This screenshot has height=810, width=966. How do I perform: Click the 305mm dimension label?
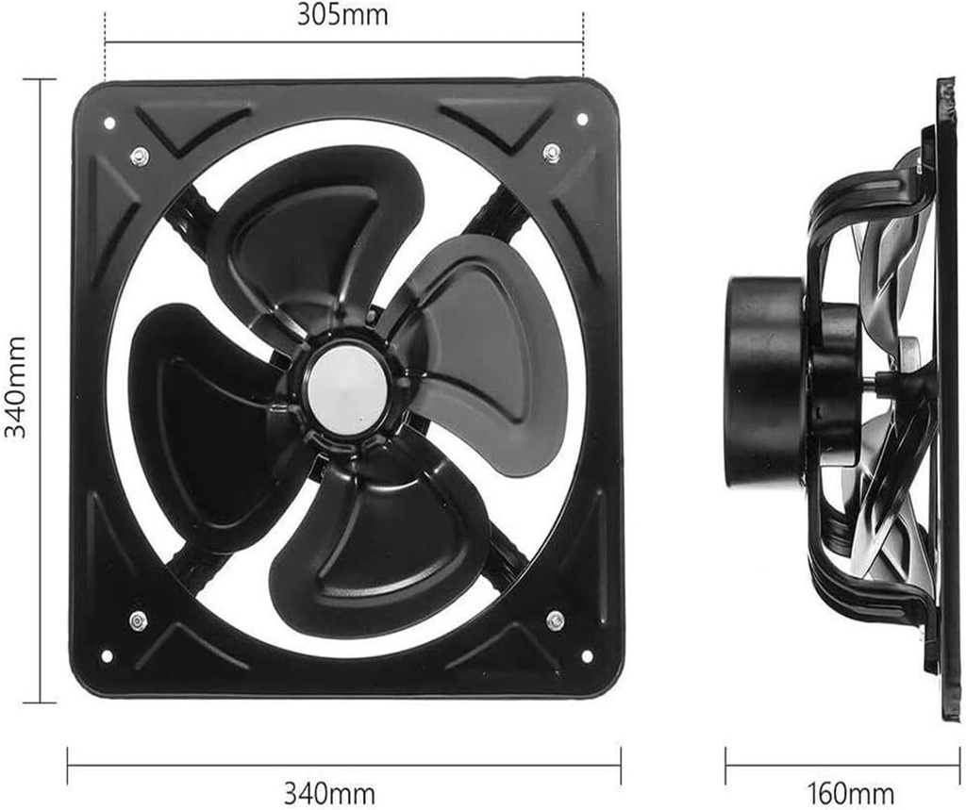[342, 15]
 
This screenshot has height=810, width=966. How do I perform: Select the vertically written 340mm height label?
[16, 388]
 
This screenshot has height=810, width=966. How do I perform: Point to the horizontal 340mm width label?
[329, 793]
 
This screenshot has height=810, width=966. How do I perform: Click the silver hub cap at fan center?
[348, 390]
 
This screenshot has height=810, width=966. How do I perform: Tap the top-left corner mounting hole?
[108, 123]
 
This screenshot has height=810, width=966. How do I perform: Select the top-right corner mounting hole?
[582, 120]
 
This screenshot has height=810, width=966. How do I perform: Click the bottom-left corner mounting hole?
[106, 655]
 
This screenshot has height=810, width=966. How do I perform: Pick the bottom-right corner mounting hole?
[587, 655]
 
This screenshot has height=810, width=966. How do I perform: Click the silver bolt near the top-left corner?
[140, 156]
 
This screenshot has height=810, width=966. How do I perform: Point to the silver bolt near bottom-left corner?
[138, 620]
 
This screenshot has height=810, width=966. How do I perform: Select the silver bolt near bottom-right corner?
[556, 620]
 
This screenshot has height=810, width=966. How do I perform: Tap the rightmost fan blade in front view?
[491, 349]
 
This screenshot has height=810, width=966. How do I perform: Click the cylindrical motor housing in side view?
[764, 382]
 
